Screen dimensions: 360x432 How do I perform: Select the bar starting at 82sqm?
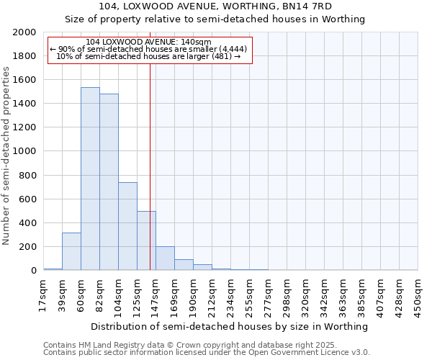[x=109, y=181]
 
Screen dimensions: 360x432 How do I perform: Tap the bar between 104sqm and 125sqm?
[x=127, y=226]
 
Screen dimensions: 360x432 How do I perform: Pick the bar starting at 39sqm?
[x=71, y=251]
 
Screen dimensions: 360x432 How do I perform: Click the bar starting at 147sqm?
[x=165, y=258]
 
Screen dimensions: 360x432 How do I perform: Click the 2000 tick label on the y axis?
[x=24, y=32]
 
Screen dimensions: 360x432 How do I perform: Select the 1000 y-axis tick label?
[x=24, y=152]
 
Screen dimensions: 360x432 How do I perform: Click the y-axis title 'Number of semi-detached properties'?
[x=6, y=155]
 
